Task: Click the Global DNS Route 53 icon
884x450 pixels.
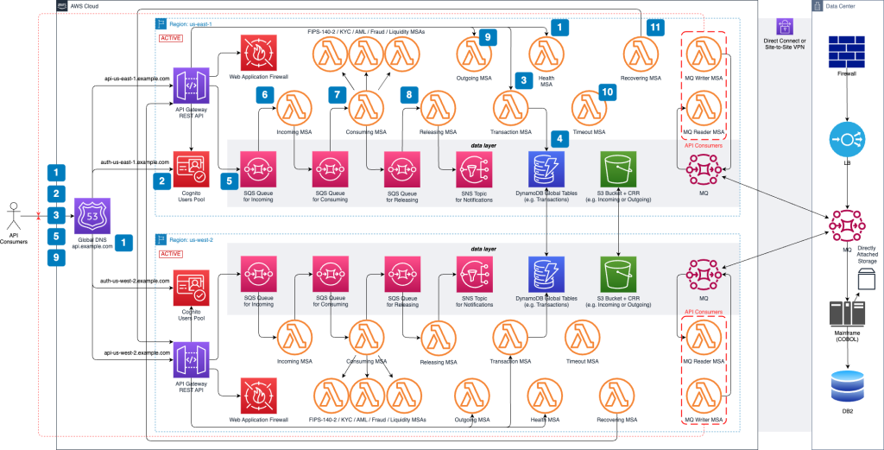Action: point(92,215)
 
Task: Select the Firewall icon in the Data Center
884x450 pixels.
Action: point(845,53)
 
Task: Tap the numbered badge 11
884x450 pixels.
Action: point(656,29)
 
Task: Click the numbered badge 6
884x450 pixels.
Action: point(266,95)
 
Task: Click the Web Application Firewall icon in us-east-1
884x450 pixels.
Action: point(257,54)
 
